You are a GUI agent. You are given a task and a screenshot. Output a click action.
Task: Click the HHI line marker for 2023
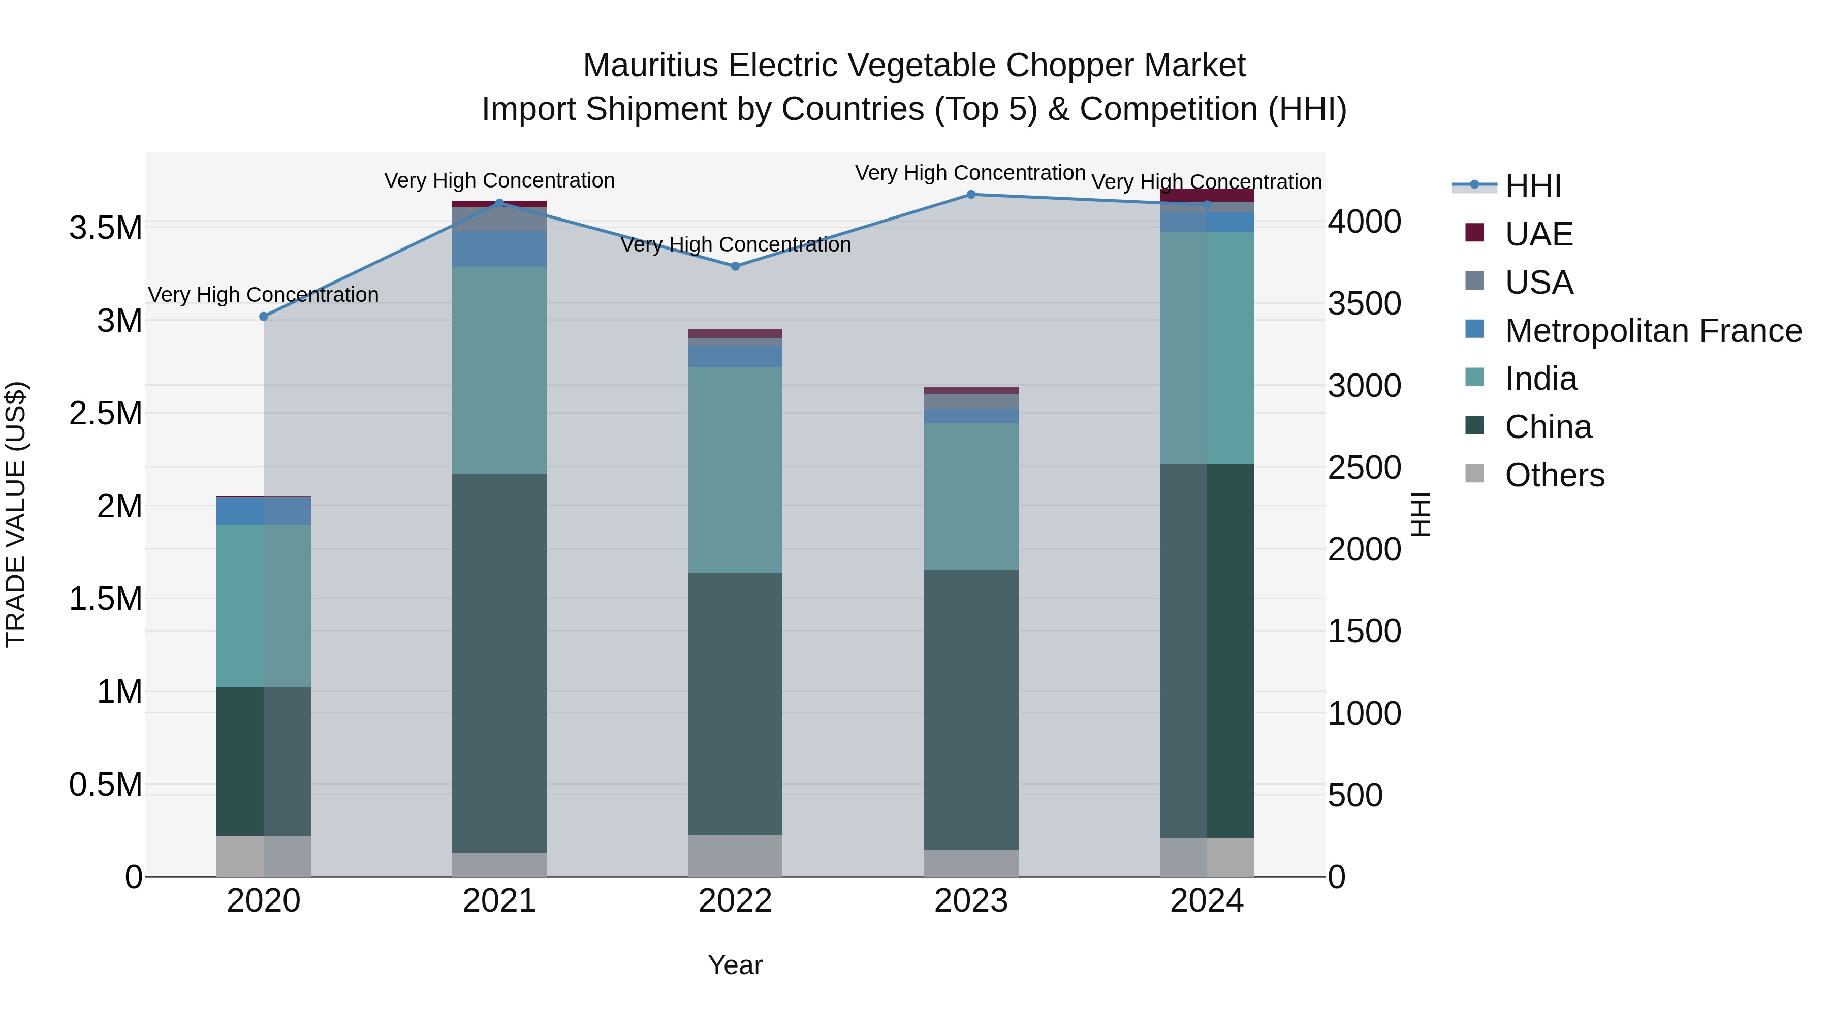coord(970,194)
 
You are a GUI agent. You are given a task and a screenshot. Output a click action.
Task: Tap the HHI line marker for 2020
coord(263,316)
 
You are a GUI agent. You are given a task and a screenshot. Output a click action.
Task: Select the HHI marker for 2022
coord(735,266)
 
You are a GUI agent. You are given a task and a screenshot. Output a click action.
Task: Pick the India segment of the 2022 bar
coord(735,470)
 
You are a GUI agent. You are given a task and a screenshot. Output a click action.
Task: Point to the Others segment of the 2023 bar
coord(970,863)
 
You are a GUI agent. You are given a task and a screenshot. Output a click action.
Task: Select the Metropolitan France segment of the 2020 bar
coord(263,511)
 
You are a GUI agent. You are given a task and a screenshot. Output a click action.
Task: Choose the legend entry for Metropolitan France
coord(1653,331)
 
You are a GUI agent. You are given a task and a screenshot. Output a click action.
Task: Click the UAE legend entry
coord(1538,234)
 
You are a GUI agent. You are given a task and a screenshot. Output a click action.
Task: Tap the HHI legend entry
coord(1532,186)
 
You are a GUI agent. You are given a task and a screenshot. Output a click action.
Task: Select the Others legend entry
coord(1554,475)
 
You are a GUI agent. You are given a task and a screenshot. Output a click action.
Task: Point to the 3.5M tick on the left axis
coord(105,228)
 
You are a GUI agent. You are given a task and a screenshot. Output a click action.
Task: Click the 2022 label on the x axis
coord(735,901)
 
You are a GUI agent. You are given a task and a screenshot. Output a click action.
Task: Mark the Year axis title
coord(735,965)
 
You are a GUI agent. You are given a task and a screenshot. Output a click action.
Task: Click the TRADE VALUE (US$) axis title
coord(16,514)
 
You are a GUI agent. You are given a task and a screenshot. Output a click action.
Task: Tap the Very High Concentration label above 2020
coord(263,295)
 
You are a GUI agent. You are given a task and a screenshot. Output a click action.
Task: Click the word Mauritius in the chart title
coord(650,66)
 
